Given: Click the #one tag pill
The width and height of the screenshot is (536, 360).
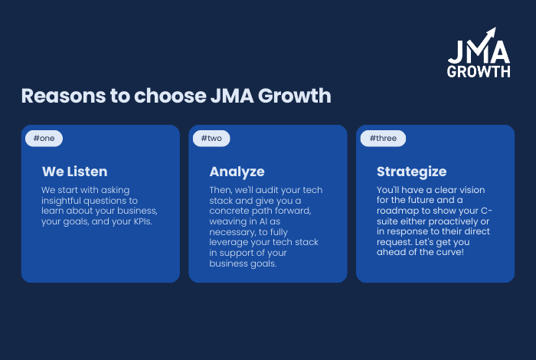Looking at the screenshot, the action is coord(44,139).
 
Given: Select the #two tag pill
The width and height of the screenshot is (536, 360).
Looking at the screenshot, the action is coord(211,139).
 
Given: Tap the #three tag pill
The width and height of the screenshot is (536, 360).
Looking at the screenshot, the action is coord(383,139).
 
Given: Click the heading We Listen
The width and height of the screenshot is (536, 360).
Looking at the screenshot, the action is coord(75,172).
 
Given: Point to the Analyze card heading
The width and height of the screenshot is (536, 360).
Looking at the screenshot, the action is coord(237,172).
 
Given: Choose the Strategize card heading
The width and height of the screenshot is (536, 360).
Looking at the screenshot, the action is coord(412,172).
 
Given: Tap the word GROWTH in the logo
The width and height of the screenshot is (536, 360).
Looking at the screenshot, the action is coord(479,71).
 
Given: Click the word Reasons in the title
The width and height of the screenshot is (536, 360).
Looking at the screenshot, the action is coord(64,96).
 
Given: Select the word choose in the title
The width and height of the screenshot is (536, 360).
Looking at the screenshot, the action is coord(170,96).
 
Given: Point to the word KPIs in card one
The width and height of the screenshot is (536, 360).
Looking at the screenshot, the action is coord(142,221).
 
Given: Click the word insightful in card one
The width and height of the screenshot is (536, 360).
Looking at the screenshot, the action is coord(61,201).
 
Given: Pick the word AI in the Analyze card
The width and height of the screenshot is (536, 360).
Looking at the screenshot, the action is coord(263,221).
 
